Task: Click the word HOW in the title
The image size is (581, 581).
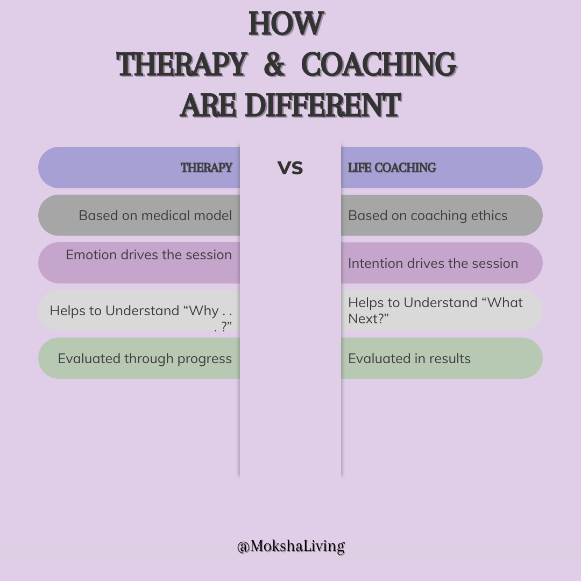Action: click(286, 24)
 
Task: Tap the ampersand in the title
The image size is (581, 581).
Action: click(274, 64)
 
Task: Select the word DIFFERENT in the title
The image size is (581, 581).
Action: click(322, 105)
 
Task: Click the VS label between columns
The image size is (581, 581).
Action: click(290, 168)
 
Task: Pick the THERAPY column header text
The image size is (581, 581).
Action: click(207, 168)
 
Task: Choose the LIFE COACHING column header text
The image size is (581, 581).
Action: click(392, 168)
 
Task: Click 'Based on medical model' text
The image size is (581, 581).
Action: click(155, 215)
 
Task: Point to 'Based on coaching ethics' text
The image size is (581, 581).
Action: click(428, 215)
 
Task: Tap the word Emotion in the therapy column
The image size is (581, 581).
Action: click(91, 254)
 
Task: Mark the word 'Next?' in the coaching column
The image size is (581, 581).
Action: click(369, 318)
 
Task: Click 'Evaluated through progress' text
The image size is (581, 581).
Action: click(145, 358)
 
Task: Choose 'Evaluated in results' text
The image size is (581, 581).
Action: click(409, 358)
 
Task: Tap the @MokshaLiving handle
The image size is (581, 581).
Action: click(291, 547)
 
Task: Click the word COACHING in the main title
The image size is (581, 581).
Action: click(379, 64)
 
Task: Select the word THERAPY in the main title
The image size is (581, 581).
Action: click(182, 64)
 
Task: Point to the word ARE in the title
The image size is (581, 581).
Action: click(208, 105)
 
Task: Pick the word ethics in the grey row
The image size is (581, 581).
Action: click(488, 215)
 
